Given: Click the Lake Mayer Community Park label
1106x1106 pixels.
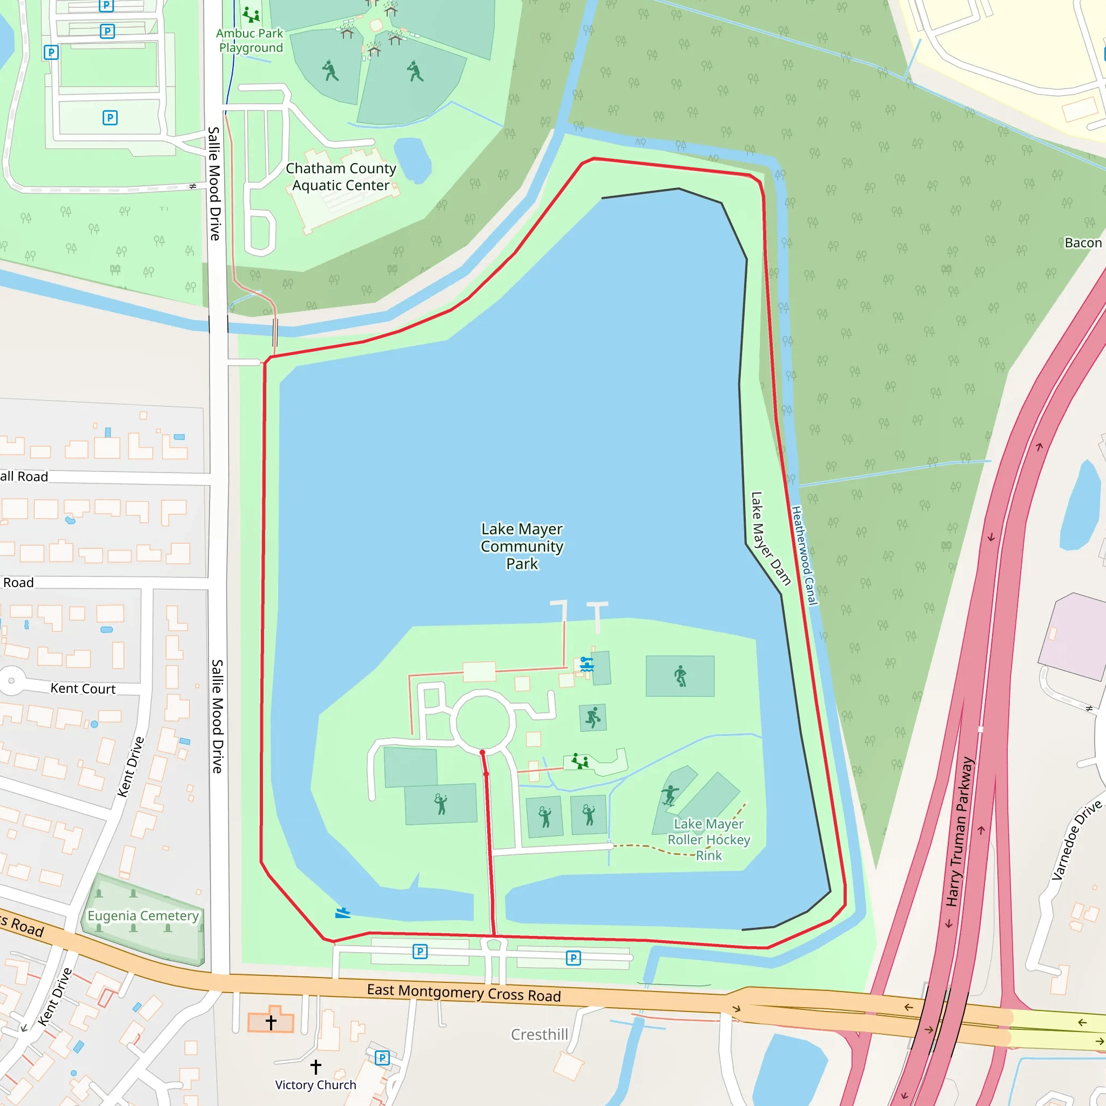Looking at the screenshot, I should (522, 546).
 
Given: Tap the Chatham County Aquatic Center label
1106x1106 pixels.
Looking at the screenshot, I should (341, 177).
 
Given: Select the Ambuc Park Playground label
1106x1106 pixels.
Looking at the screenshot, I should (250, 41).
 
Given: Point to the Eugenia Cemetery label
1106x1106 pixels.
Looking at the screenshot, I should (143, 915).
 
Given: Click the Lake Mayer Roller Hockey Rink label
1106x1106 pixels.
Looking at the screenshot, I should (709, 839).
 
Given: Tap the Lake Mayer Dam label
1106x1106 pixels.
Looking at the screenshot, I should (770, 538).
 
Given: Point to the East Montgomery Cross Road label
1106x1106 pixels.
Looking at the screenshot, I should (464, 993).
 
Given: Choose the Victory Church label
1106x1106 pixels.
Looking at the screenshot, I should (315, 1085).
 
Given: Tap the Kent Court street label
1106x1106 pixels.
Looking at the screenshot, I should (83, 689).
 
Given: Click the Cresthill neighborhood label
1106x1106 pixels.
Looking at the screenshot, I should (539, 1034).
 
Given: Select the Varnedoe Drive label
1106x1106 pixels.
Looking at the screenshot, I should (1076, 840).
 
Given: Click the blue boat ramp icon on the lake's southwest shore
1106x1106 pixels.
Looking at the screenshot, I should (342, 913).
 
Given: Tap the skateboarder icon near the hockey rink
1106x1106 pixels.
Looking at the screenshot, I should (669, 795).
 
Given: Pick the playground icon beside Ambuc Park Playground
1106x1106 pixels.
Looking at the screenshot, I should (251, 15).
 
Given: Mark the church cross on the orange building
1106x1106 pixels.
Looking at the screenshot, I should (271, 1022).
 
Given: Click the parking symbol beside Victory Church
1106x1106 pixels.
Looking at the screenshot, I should (382, 1058).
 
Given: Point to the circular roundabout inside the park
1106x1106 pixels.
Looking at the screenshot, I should (483, 722).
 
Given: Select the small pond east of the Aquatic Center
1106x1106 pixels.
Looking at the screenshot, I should (413, 160).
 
